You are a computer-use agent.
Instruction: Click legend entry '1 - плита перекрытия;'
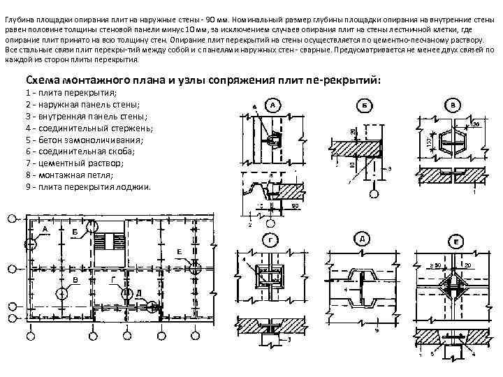coord(71,92)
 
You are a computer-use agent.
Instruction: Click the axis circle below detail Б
coord(374,195)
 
